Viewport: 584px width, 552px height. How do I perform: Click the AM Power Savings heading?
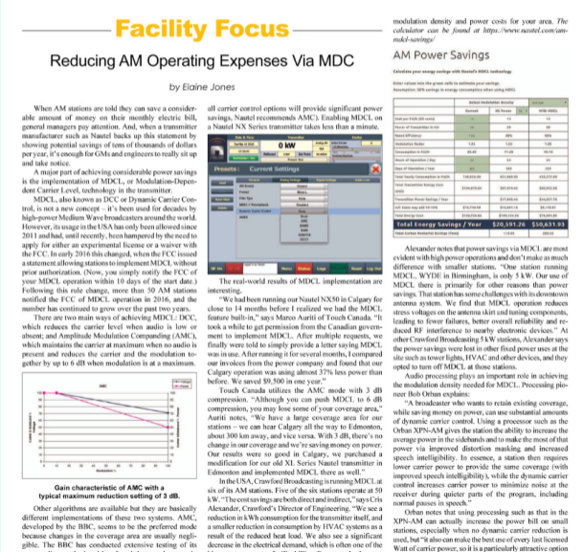(x=434, y=55)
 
